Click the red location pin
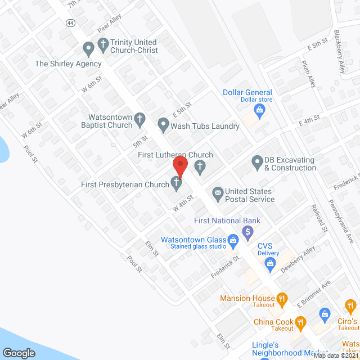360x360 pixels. pos(179,166)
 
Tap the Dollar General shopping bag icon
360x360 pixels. pos(259,109)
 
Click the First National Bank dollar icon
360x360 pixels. pos(247,231)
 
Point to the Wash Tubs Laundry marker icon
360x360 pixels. pos(163,124)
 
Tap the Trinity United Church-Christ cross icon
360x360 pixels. pos(103,43)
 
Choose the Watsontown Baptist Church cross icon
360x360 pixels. pos(140,119)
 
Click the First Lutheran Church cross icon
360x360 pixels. pos(199,165)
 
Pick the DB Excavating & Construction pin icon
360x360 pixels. pos(256,162)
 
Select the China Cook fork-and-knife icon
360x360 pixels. pos(301,322)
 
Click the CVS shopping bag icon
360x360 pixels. pos(271,262)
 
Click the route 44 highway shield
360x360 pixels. pos(69,23)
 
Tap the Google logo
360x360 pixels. pos(19,352)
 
